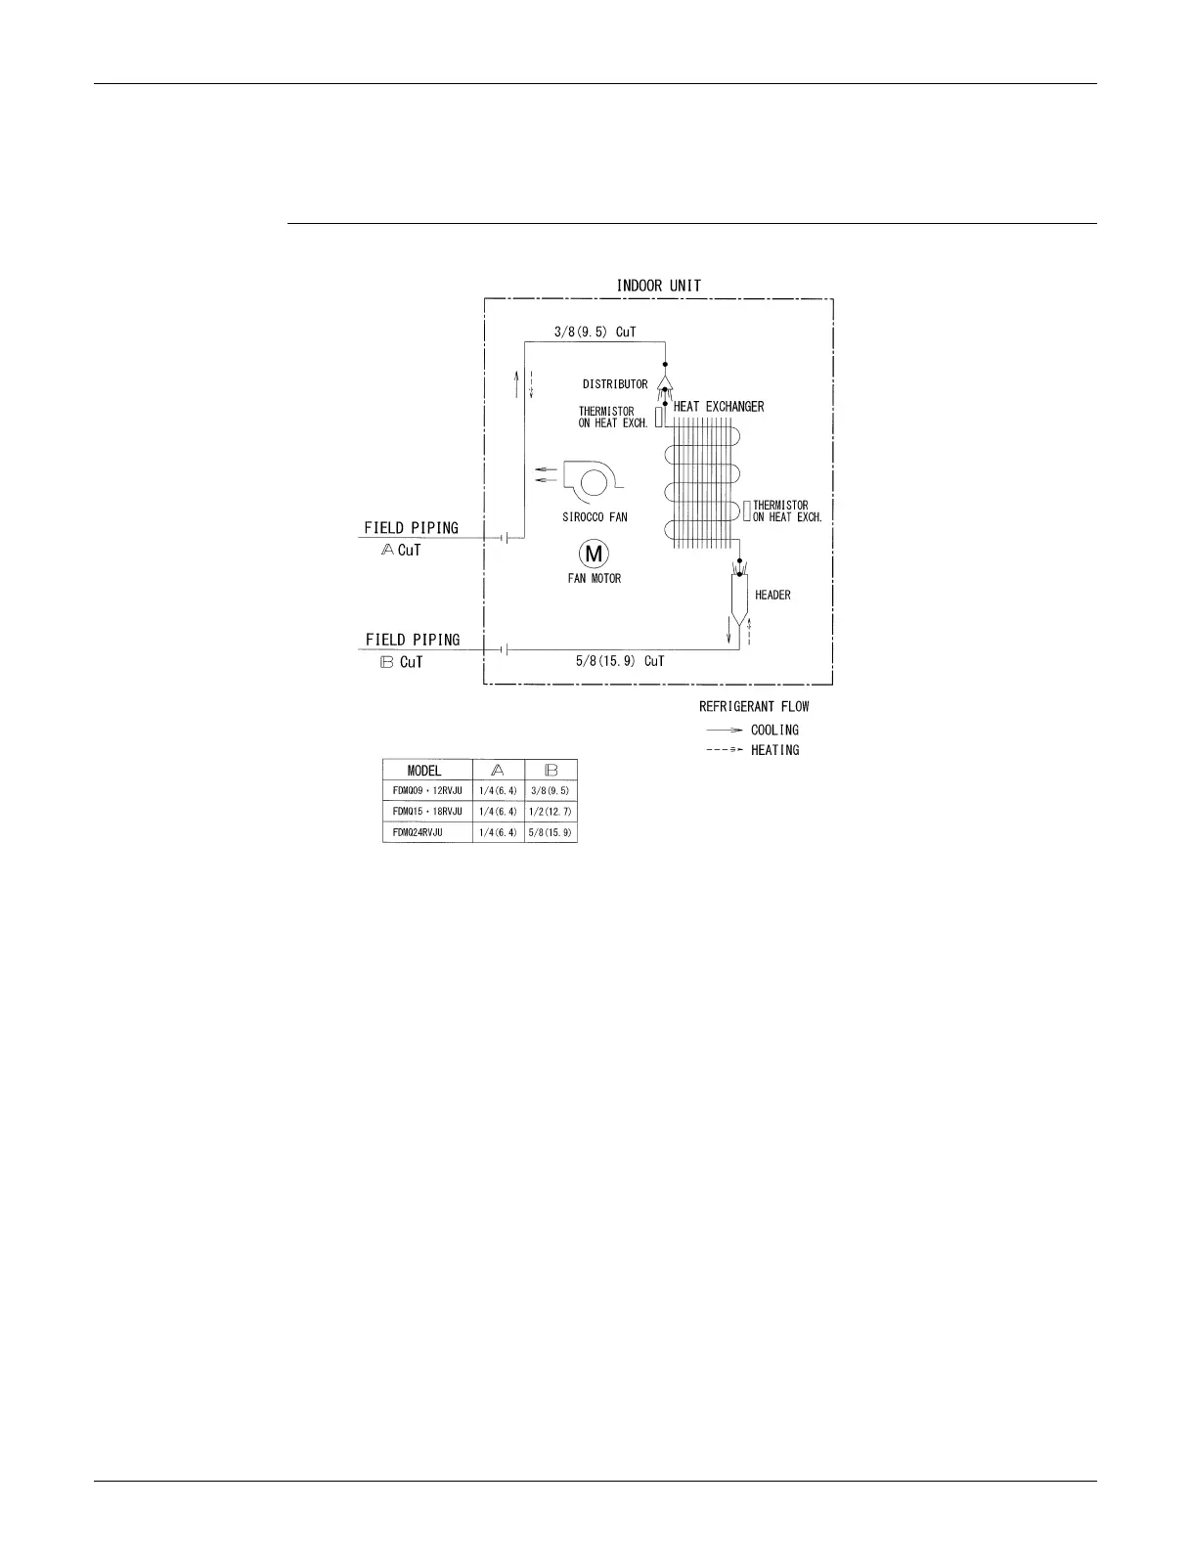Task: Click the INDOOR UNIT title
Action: click(658, 286)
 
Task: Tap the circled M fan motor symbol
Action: click(594, 555)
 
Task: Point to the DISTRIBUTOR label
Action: click(615, 384)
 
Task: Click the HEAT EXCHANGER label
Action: click(719, 407)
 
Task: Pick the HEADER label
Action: click(772, 595)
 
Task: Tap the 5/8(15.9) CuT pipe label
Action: click(620, 661)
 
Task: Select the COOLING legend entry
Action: click(774, 730)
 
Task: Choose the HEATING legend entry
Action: click(774, 750)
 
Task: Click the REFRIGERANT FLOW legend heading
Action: click(754, 706)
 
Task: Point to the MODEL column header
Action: click(424, 771)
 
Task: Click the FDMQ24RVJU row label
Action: click(418, 832)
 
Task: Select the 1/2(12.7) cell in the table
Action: click(551, 812)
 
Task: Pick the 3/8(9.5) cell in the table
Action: click(551, 790)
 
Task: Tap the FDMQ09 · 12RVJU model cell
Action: click(427, 790)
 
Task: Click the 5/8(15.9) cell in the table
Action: click(551, 832)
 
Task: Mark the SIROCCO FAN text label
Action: click(595, 517)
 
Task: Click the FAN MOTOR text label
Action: click(595, 578)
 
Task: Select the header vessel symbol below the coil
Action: click(739, 596)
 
